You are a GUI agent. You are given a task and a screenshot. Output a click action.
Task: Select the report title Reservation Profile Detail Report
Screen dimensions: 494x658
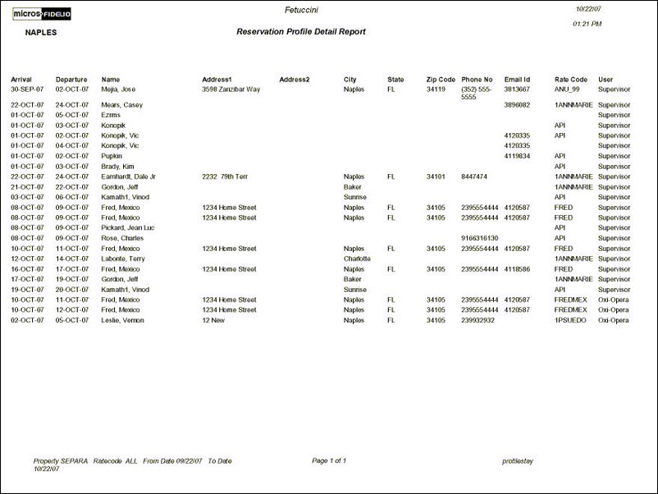[300, 32]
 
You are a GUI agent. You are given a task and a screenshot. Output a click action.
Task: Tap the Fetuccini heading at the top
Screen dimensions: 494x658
[301, 10]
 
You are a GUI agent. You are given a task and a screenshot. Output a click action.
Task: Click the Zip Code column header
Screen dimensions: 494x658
[441, 80]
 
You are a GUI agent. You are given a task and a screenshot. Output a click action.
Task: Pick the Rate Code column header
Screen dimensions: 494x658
[571, 80]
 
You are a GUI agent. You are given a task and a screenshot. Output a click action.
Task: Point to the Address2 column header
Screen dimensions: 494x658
[294, 80]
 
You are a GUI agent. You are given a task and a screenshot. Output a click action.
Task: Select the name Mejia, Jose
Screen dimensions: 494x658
[118, 89]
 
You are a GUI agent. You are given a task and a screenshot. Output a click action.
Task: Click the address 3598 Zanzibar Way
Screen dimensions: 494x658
[231, 89]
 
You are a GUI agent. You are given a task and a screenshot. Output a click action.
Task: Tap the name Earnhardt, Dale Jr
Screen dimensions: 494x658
[129, 176]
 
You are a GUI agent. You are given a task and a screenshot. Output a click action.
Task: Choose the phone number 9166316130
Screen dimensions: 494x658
[480, 238]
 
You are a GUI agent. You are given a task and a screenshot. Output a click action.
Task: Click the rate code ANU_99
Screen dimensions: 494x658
[567, 89]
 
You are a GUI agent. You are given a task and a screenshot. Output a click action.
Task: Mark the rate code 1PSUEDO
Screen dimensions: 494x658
[571, 320]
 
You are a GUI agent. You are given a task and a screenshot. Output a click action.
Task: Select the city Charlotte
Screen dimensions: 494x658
[357, 258]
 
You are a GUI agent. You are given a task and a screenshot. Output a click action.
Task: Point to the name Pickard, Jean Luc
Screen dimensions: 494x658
[128, 228]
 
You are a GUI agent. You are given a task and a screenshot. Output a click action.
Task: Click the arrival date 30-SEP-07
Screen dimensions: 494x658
[27, 89]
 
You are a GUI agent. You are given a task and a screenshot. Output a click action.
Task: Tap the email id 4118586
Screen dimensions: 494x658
[517, 269]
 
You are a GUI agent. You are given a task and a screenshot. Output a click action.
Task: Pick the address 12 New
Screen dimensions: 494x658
[216, 320]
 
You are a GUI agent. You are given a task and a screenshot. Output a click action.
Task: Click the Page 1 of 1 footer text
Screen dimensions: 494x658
[329, 461]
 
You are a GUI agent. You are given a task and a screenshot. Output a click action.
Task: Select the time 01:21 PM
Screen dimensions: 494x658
[587, 25]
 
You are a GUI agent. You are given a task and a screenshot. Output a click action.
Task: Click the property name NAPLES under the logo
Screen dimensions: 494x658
[41, 33]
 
